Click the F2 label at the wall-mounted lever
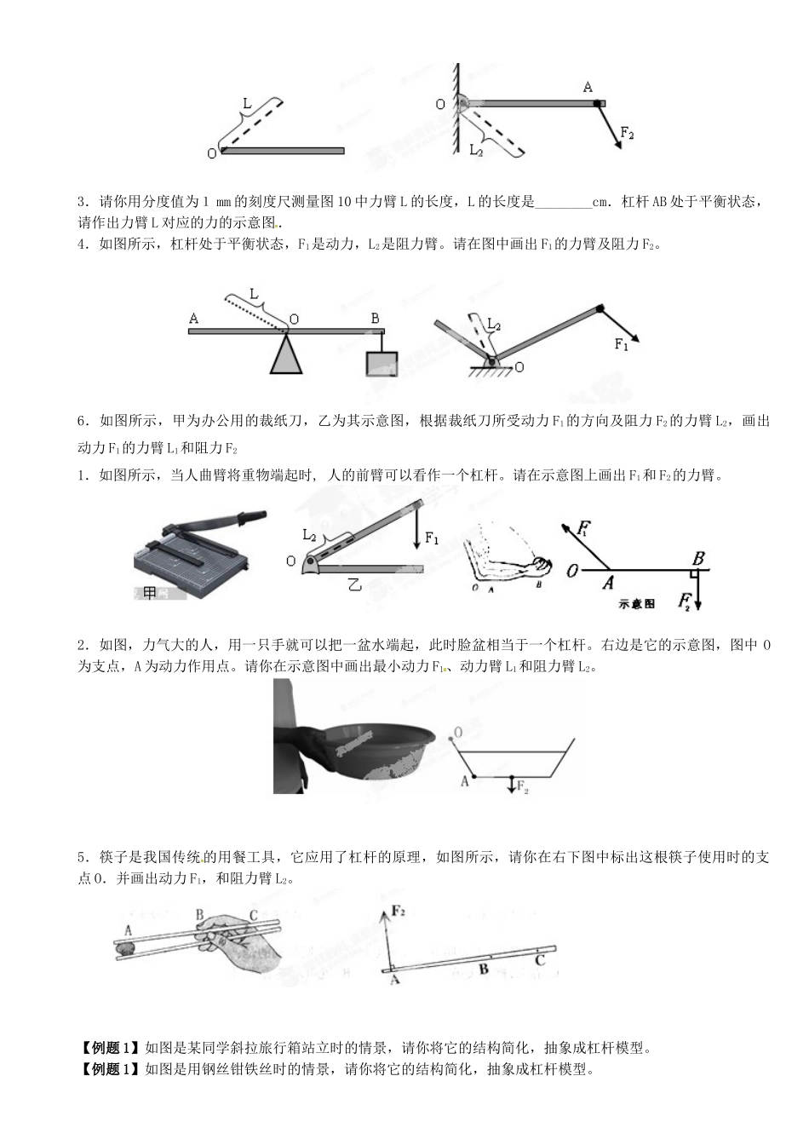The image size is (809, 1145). click(627, 133)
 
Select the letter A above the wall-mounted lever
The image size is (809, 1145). click(588, 87)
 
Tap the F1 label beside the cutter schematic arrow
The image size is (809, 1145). click(432, 538)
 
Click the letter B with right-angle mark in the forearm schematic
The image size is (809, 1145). click(697, 560)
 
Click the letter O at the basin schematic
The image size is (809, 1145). click(458, 732)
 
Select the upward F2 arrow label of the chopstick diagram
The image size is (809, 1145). click(398, 912)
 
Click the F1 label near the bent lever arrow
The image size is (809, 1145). click(621, 344)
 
